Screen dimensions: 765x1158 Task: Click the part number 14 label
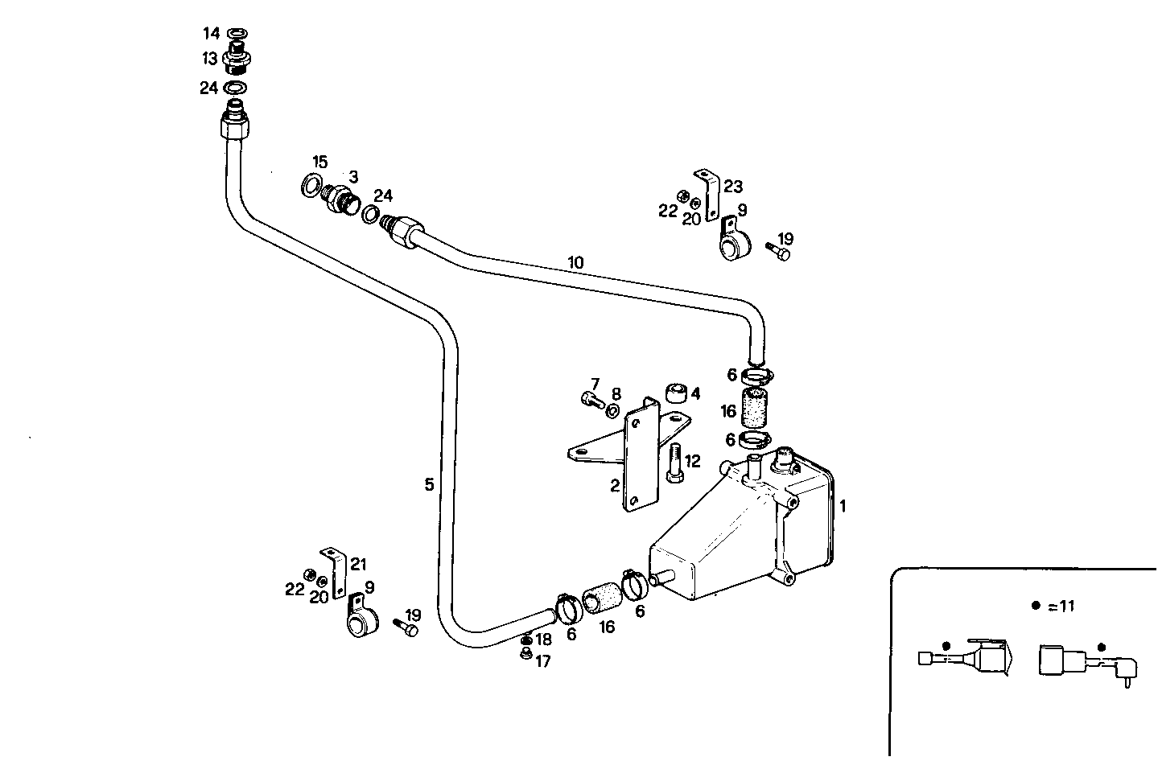pos(211,33)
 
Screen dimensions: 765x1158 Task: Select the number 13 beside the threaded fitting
pos(210,59)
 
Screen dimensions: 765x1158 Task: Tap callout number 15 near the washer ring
pos(320,162)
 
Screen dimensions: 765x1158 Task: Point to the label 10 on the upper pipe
pos(575,262)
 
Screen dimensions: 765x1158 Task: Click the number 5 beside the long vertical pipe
pos(429,484)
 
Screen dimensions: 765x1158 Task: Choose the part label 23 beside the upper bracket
pos(732,187)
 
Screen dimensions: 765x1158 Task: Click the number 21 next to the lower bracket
pos(358,565)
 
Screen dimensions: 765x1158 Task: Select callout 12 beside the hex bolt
pos(692,462)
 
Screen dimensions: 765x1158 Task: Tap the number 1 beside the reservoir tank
pos(843,506)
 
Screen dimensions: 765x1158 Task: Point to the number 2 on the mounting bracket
pos(615,485)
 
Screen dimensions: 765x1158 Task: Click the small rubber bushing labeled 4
pos(675,393)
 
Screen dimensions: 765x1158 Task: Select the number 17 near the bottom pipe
pos(543,661)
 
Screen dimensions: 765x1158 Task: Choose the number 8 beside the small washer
pos(616,394)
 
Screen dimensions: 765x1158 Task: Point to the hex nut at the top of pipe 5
pos(234,127)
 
